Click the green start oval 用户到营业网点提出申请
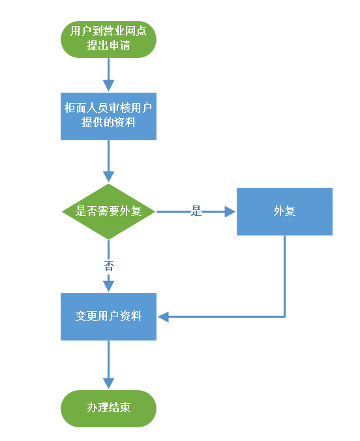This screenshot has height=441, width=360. coord(108,39)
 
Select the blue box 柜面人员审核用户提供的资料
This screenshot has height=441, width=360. coord(108,116)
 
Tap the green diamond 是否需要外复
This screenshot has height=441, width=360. coord(108,211)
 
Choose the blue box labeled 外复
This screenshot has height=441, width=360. coord(284,211)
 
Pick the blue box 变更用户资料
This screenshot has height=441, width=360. coord(108,316)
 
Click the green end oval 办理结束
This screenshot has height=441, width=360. coord(108,408)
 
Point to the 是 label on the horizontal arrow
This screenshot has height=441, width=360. coord(196,211)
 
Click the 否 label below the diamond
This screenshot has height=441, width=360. coord(108,266)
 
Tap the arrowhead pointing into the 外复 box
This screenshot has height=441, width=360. coord(230,211)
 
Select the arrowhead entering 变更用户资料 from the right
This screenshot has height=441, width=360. coord(163,316)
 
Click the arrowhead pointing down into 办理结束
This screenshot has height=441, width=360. coord(108,384)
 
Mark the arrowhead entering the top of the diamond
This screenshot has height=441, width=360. coord(108,177)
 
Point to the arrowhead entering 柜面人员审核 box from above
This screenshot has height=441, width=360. coord(108,85)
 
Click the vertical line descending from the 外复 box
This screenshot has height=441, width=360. coord(284,276)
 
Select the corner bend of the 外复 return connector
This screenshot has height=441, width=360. coord(284,316)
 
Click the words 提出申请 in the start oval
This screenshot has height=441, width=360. coord(108,45)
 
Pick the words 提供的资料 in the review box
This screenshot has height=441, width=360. coord(108,123)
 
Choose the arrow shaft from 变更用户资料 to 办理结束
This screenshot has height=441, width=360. coord(108,359)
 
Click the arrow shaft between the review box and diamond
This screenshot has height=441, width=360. coord(108,156)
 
